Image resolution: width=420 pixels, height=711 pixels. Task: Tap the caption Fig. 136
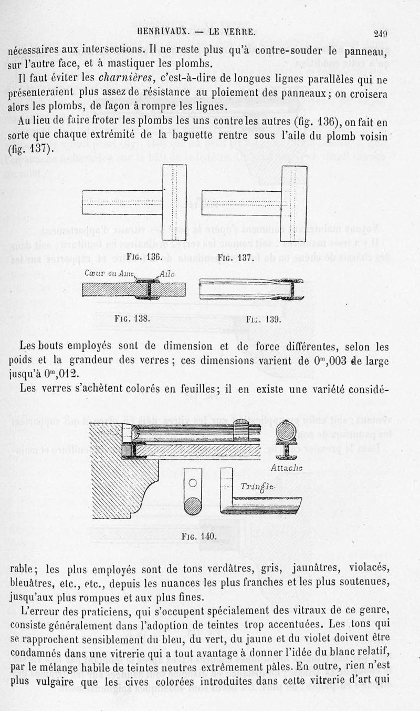point(144,257)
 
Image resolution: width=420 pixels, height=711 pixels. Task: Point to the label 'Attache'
point(286,468)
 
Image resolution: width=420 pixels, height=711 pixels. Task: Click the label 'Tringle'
point(258,487)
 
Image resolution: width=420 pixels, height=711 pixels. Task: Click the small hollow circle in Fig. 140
point(193,483)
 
